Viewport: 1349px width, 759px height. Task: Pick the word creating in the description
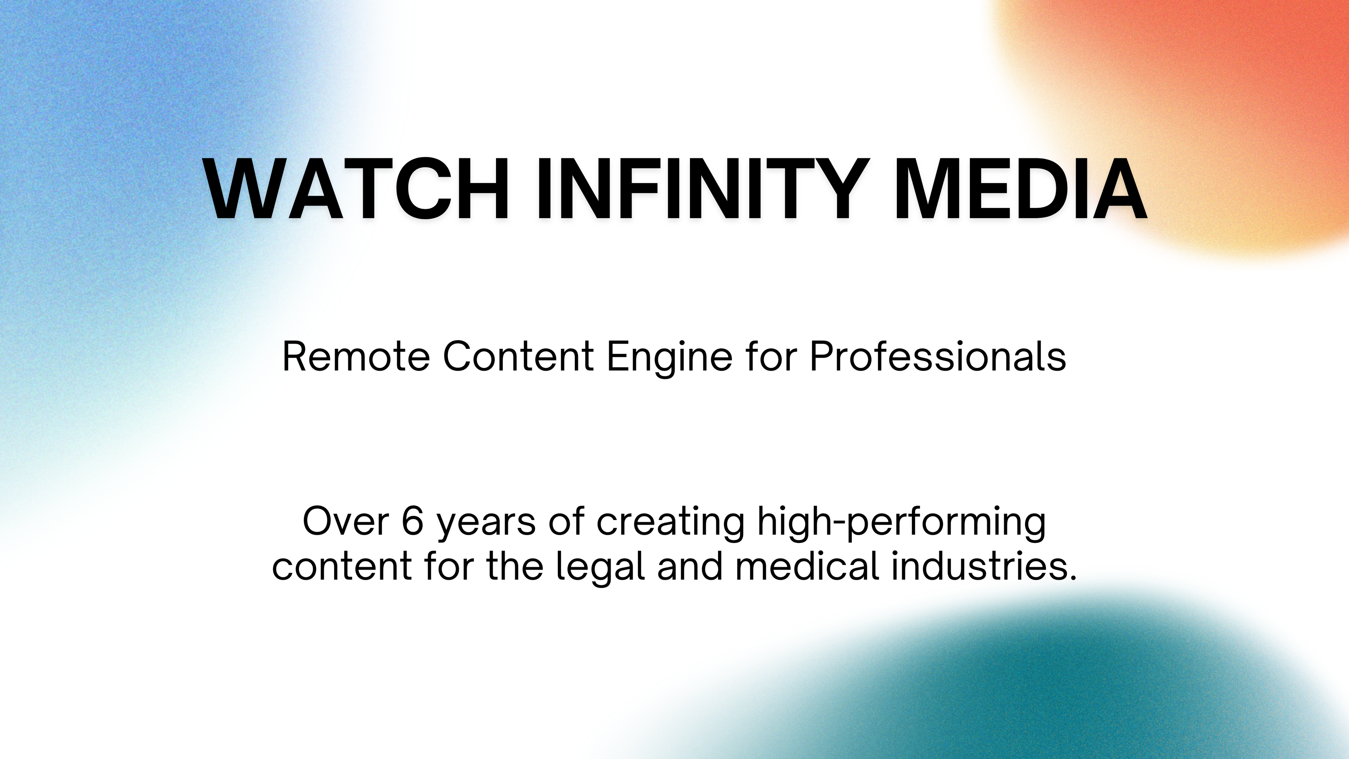(670, 524)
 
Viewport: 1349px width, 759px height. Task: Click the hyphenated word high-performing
(902, 524)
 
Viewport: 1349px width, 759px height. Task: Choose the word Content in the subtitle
(518, 356)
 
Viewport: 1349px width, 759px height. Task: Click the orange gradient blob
(1205, 105)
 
